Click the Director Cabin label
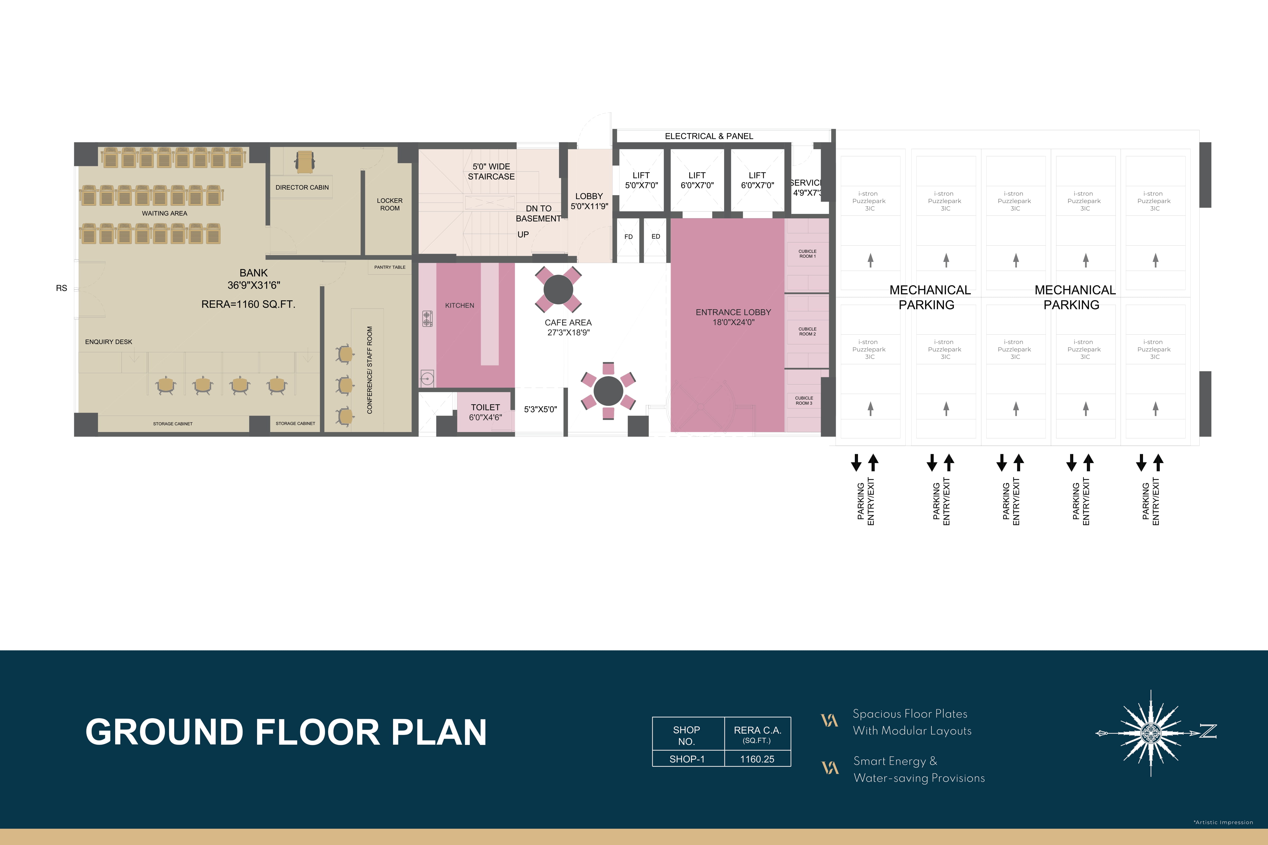pos(302,187)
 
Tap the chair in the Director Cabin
pos(305,162)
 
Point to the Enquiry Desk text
pos(108,342)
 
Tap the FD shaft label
pos(628,237)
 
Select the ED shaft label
pos(656,237)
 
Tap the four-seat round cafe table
pos(558,289)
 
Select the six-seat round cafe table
pos(608,391)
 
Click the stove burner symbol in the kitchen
pos(427,318)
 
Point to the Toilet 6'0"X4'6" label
pos(485,412)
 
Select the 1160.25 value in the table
pos(757,759)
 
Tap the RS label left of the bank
pos(62,288)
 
